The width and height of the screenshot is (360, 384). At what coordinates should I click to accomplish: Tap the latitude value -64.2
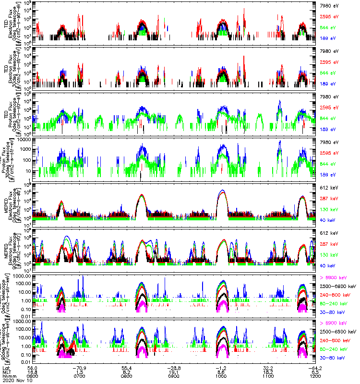(x=315, y=366)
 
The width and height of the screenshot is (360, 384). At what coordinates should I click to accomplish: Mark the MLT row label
(x=7, y=371)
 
